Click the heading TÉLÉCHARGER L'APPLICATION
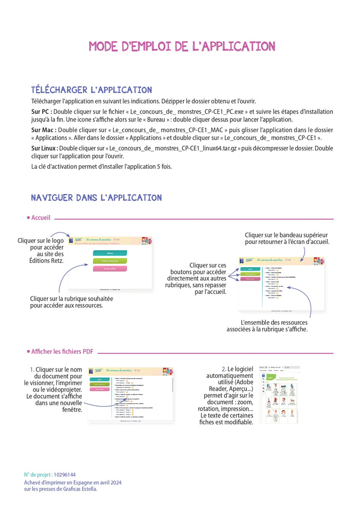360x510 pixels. [92, 90]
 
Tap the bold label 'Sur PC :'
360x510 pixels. [42, 112]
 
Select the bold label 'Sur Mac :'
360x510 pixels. [44, 130]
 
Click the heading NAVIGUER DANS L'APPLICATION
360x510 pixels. [96, 198]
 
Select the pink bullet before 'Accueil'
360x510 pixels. [28, 218]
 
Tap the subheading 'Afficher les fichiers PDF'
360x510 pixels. [62, 351]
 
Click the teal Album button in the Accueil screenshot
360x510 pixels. [110, 253]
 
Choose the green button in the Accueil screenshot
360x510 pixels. [110, 261]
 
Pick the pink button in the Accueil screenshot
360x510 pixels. [110, 269]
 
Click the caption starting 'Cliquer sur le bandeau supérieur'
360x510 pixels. [287, 238]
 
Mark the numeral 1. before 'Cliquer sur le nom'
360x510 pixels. [31, 370]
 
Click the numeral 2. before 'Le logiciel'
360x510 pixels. [224, 370]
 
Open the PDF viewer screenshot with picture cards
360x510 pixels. [279, 395]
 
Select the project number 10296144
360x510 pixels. [64, 474]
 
